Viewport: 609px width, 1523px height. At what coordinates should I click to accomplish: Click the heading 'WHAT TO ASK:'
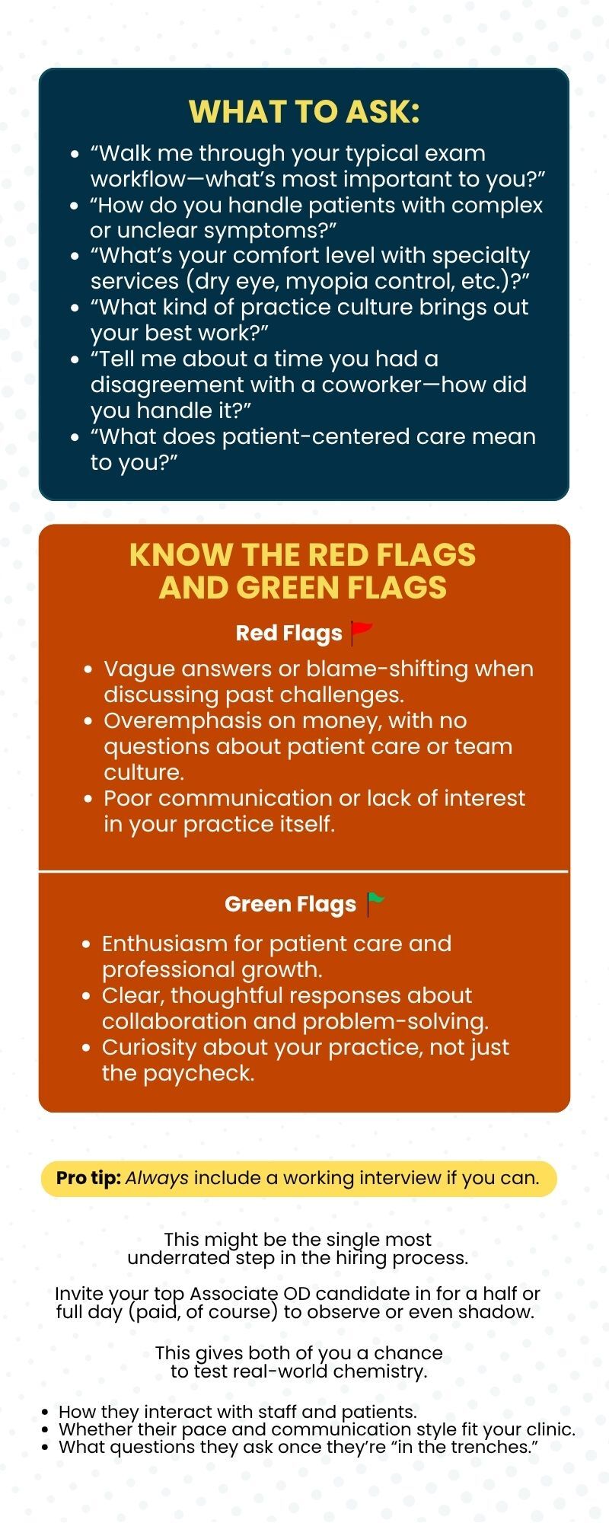coord(304,112)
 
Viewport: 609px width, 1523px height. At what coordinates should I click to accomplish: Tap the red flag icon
coord(361,633)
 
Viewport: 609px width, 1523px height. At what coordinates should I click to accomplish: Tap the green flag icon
coord(375,904)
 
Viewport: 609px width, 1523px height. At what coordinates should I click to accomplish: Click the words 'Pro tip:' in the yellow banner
coord(88,1178)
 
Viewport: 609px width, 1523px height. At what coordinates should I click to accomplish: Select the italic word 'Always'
coord(157,1178)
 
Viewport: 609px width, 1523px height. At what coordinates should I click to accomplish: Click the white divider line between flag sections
coord(304,870)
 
